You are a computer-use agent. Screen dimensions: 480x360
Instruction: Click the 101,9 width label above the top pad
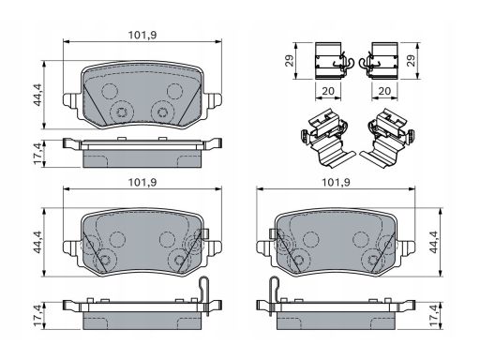[x=142, y=36]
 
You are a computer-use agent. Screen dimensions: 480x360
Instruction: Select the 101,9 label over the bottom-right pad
[x=336, y=183]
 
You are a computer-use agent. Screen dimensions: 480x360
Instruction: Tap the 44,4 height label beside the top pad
[x=38, y=95]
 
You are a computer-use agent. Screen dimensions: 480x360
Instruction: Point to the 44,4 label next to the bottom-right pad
[x=434, y=242]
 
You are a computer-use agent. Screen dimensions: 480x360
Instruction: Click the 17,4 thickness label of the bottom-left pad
[x=38, y=316]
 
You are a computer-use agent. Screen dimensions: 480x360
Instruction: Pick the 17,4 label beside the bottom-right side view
[x=434, y=316]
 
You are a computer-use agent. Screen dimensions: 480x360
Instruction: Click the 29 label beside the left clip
[x=290, y=61]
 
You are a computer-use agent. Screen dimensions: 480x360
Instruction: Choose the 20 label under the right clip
[x=384, y=91]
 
